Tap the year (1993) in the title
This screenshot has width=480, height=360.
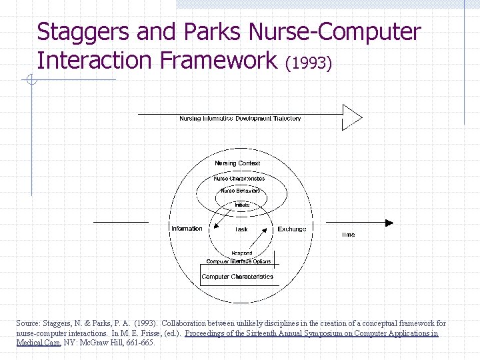tap(308, 63)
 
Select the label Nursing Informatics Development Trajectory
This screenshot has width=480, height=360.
tap(240, 119)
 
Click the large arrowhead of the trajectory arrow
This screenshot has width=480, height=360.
tap(352, 117)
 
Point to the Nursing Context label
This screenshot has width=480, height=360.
tap(237, 163)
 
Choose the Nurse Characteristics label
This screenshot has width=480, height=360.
tap(239, 179)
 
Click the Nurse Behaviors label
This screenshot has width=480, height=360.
tap(240, 191)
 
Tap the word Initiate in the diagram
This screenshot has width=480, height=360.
tap(242, 205)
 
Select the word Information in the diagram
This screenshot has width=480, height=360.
tap(187, 229)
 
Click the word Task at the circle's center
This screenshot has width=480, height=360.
tap(241, 229)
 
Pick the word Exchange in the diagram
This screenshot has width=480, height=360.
tap(292, 229)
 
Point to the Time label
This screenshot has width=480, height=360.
tap(349, 235)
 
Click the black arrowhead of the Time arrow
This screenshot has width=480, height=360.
tap(389, 223)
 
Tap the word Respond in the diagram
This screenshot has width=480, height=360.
tap(242, 253)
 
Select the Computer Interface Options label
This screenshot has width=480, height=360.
tap(239, 261)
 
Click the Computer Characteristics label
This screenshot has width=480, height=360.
tap(237, 277)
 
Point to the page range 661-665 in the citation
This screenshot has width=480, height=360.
tap(140, 343)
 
